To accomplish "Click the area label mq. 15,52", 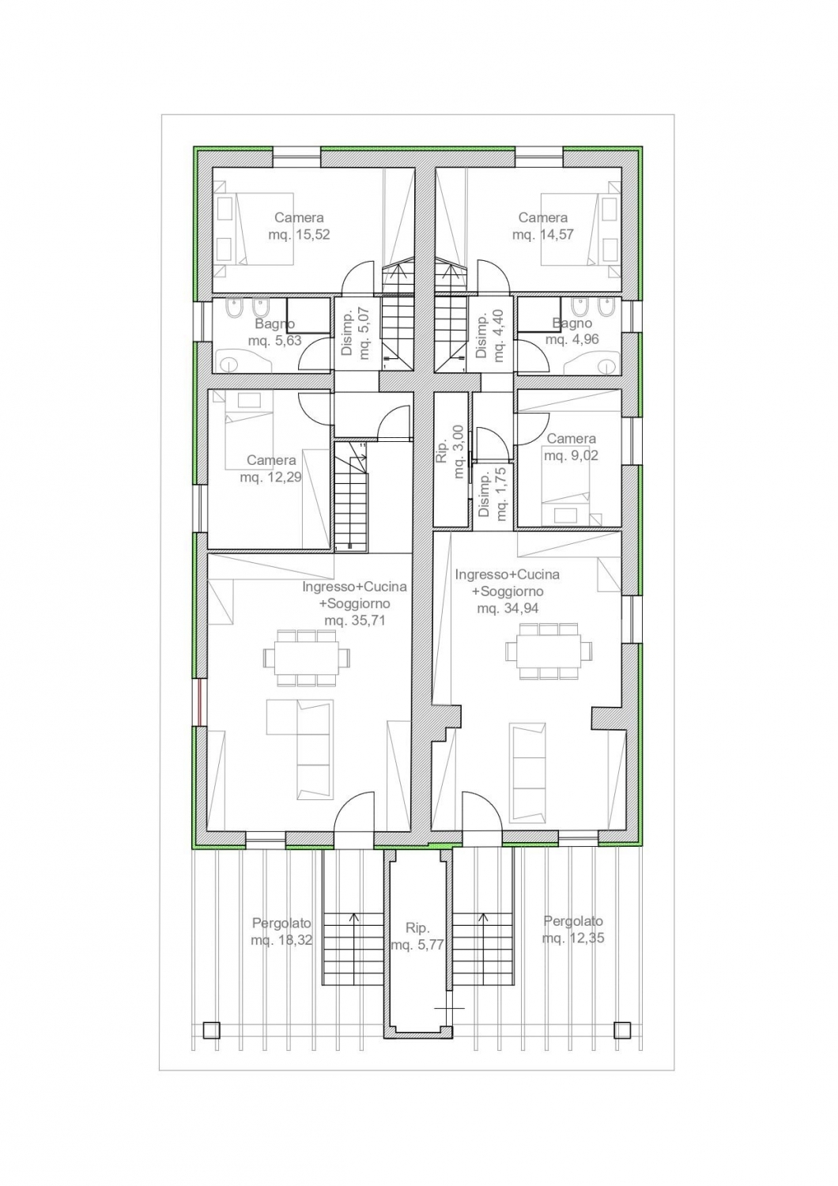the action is click(299, 235).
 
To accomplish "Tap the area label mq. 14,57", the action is click(542, 234).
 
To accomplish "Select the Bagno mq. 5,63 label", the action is click(275, 331).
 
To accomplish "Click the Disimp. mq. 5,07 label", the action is click(355, 334).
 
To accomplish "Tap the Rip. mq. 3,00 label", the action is click(451, 451).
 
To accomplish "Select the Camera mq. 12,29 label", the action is click(270, 469).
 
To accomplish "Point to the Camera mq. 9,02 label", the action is click(572, 447).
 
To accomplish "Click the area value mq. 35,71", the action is click(354, 619).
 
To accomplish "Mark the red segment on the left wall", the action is click(199, 702).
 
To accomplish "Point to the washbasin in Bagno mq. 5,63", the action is click(229, 364).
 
